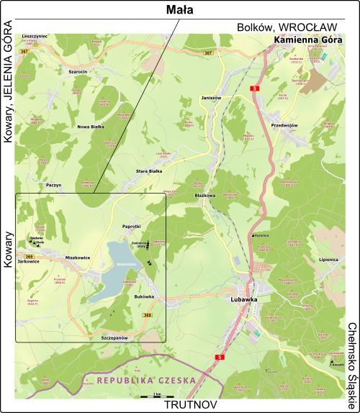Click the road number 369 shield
point(29,256)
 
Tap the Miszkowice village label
point(78,257)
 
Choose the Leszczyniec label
point(35,35)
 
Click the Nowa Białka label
point(91,126)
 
